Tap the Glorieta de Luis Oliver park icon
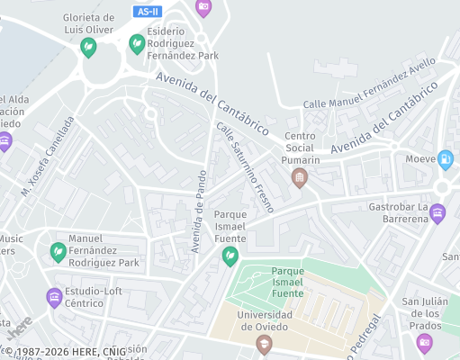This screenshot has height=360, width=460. pyautogui.click(x=88, y=48)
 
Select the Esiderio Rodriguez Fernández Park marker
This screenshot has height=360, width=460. pyautogui.click(x=137, y=43)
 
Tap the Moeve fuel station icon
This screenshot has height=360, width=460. pyautogui.click(x=445, y=160)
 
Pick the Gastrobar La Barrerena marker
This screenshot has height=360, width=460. pyautogui.click(x=437, y=213)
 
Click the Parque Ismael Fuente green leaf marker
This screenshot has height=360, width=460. pyautogui.click(x=230, y=256)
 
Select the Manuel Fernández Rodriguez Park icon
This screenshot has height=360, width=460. pyautogui.click(x=59, y=252)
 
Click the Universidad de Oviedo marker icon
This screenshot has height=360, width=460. pyautogui.click(x=264, y=345)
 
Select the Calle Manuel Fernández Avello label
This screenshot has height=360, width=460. pyautogui.click(x=369, y=88)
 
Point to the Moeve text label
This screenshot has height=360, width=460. pyautogui.click(x=420, y=159)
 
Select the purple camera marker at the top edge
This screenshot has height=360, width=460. pyautogui.click(x=203, y=7)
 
